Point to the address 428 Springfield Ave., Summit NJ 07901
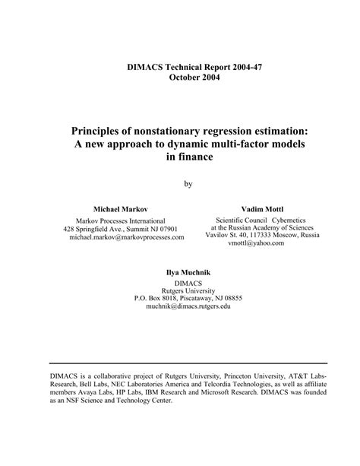point(121,228)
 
